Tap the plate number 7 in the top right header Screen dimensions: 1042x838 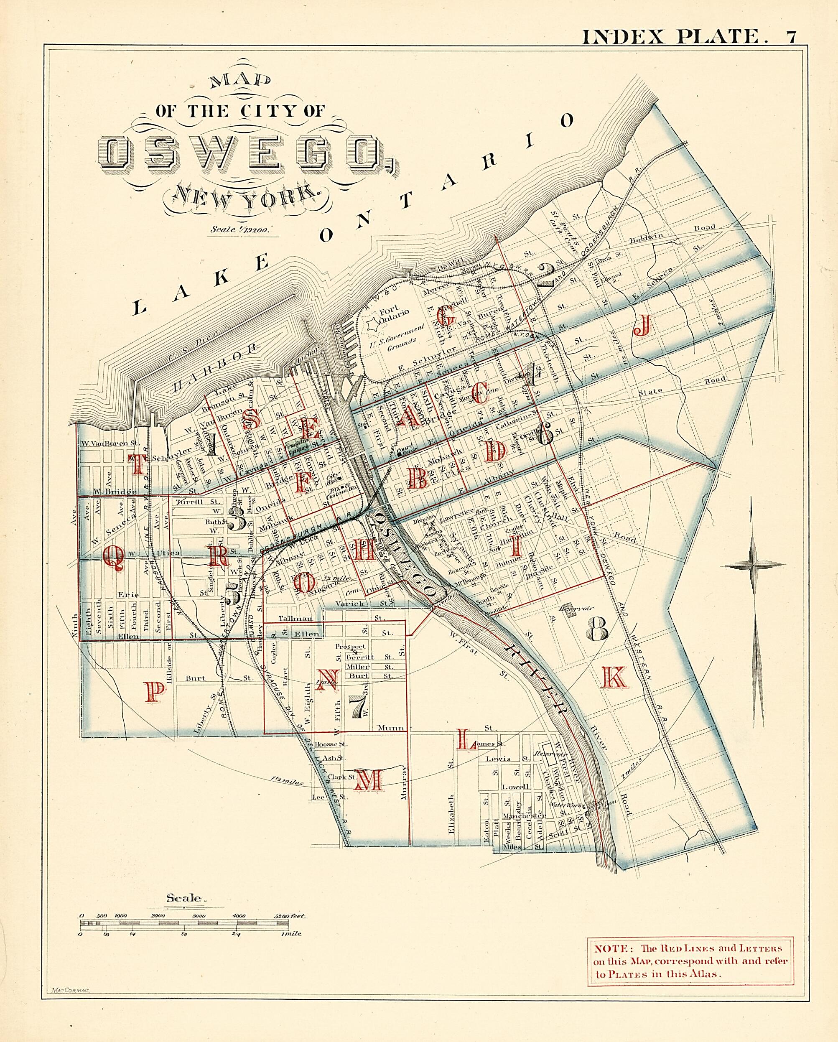[792, 37]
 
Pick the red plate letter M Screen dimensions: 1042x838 [369, 780]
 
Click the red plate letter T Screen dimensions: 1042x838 [137, 465]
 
